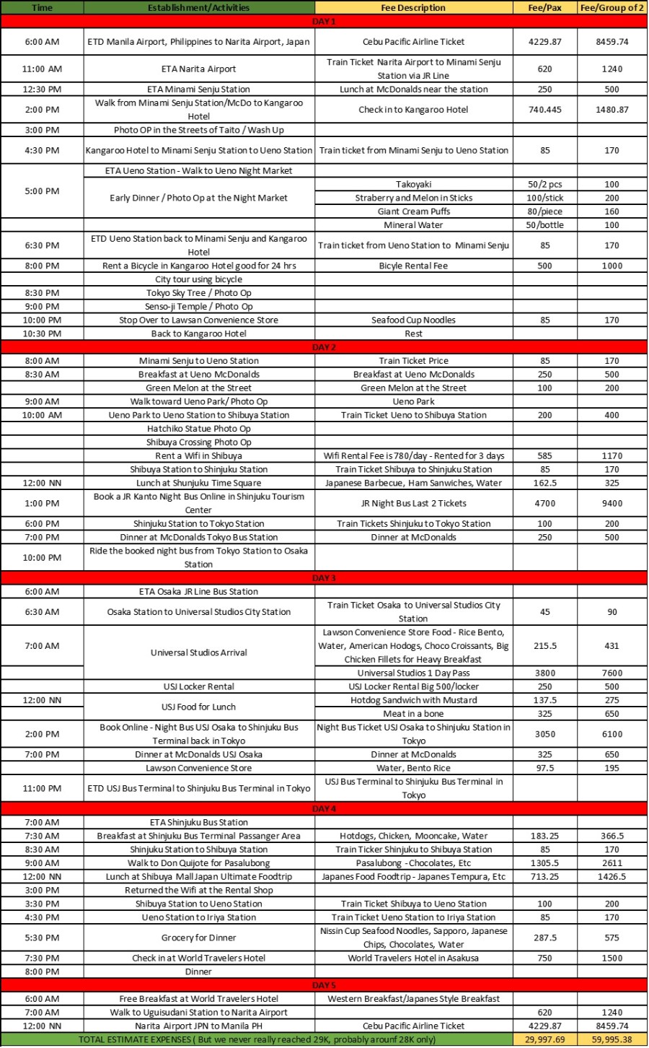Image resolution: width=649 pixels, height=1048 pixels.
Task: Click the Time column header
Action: click(x=42, y=8)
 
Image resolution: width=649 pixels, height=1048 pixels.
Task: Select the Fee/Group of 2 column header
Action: click(x=612, y=8)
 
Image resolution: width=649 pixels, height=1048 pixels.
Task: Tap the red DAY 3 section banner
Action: click(x=324, y=578)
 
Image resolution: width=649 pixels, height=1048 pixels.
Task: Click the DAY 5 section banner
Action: click(x=324, y=985)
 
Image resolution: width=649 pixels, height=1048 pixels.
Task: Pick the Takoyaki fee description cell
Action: click(x=414, y=185)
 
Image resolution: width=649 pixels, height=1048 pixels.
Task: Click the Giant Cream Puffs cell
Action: click(x=414, y=211)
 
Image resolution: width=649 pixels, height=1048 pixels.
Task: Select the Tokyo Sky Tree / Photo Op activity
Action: click(x=198, y=293)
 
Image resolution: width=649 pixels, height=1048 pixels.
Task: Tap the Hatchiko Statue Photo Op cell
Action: click(x=198, y=429)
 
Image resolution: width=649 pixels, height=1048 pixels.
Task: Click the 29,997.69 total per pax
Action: click(x=544, y=1039)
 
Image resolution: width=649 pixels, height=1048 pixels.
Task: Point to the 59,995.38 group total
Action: click(x=612, y=1039)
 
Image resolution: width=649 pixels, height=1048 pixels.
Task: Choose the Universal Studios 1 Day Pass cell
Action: click(x=414, y=673)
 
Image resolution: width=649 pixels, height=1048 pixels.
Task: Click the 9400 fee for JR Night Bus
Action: click(x=612, y=503)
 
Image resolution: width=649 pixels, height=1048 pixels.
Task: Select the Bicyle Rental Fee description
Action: click(x=414, y=266)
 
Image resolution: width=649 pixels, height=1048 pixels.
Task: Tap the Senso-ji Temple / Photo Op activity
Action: click(x=198, y=307)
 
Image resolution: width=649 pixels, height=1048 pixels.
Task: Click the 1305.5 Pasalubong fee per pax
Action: click(x=544, y=863)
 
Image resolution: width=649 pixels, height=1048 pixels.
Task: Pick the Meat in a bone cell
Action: click(x=414, y=714)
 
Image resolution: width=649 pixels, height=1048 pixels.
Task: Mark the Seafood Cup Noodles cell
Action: click(x=414, y=320)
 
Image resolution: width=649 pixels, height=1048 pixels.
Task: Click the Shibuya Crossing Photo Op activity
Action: click(x=198, y=442)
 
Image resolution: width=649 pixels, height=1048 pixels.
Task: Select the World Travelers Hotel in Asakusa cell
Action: click(x=414, y=959)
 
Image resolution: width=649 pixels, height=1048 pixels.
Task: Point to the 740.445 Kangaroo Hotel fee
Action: click(x=544, y=110)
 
